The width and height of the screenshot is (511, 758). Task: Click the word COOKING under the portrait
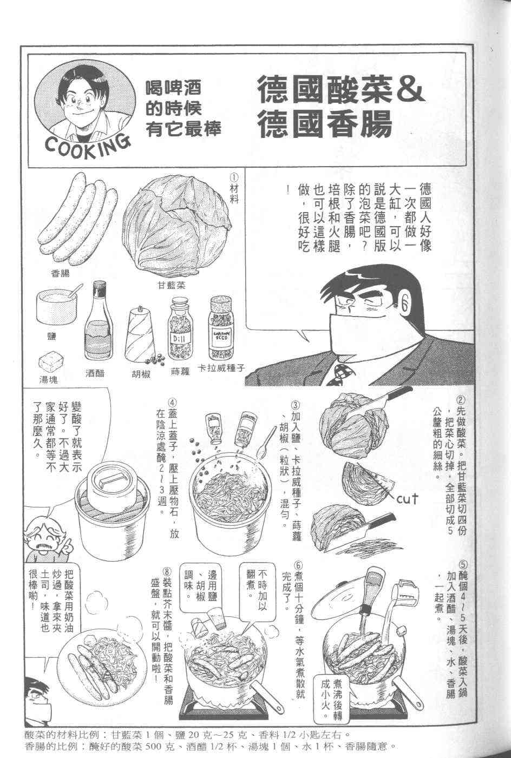(x=87, y=146)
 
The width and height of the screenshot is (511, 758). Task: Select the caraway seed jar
(x=221, y=327)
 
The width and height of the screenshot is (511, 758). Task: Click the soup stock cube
(x=51, y=365)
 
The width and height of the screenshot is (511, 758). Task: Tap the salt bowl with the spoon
(x=57, y=307)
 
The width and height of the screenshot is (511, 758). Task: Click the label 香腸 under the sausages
(x=60, y=273)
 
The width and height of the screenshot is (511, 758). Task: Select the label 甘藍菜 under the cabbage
(x=171, y=286)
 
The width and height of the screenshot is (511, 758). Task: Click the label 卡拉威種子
(x=221, y=368)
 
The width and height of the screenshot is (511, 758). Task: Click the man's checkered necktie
(x=340, y=375)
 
